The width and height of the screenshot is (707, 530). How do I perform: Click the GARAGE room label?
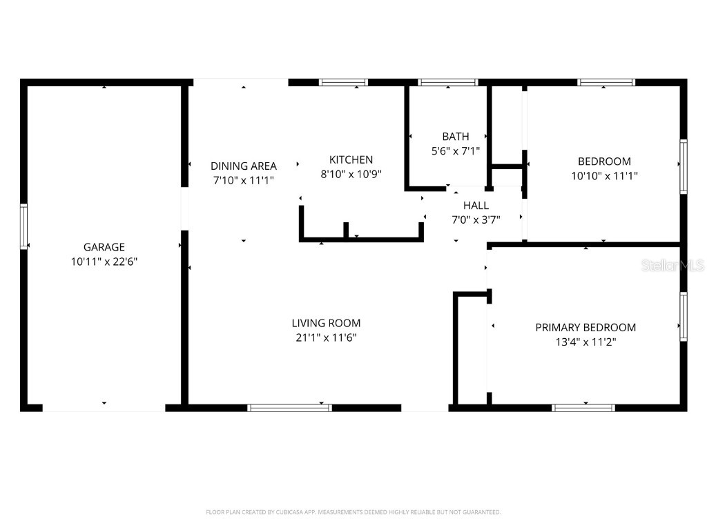(x=104, y=247)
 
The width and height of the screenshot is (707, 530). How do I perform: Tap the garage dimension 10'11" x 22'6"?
(x=104, y=262)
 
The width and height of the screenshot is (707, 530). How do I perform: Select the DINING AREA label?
(x=244, y=166)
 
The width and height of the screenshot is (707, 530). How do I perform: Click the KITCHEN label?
(x=351, y=159)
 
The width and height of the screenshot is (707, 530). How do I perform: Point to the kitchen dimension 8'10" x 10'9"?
(x=351, y=175)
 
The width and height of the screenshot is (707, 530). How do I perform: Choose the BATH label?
(x=456, y=137)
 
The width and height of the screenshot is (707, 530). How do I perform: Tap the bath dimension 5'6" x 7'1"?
(x=456, y=150)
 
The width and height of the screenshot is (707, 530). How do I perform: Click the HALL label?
(x=476, y=205)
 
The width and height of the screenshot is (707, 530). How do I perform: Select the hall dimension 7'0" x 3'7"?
(x=476, y=219)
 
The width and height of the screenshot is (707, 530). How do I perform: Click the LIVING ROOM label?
(x=326, y=323)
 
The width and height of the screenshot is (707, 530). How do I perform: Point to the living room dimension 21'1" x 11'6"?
(x=326, y=337)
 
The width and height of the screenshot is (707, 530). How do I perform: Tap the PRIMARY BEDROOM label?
(x=585, y=327)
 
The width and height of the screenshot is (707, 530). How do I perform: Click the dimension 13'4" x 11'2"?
(x=585, y=342)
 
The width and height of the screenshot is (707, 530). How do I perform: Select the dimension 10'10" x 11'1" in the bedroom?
(x=604, y=176)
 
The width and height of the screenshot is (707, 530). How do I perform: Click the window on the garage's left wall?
(x=23, y=226)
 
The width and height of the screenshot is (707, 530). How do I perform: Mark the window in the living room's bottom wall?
(x=290, y=408)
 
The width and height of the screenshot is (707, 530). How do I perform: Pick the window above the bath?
(x=448, y=82)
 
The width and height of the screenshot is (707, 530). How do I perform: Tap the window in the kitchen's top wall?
(x=343, y=82)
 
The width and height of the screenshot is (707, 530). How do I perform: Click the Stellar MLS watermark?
(x=672, y=266)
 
